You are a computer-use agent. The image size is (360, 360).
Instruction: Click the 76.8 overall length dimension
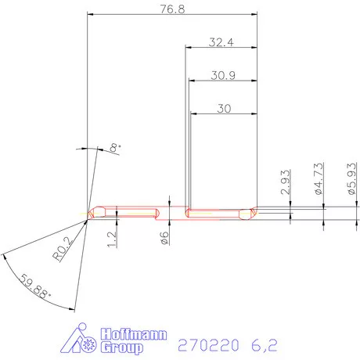click(x=172, y=9)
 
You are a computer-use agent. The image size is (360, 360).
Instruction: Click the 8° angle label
click(x=115, y=147)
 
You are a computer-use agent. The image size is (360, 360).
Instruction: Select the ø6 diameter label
click(x=164, y=238)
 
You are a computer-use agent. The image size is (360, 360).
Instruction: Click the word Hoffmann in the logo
click(x=132, y=334)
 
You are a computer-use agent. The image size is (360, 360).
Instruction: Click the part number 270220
click(x=206, y=344)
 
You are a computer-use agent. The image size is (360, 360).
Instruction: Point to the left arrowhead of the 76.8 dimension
click(x=91, y=14)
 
